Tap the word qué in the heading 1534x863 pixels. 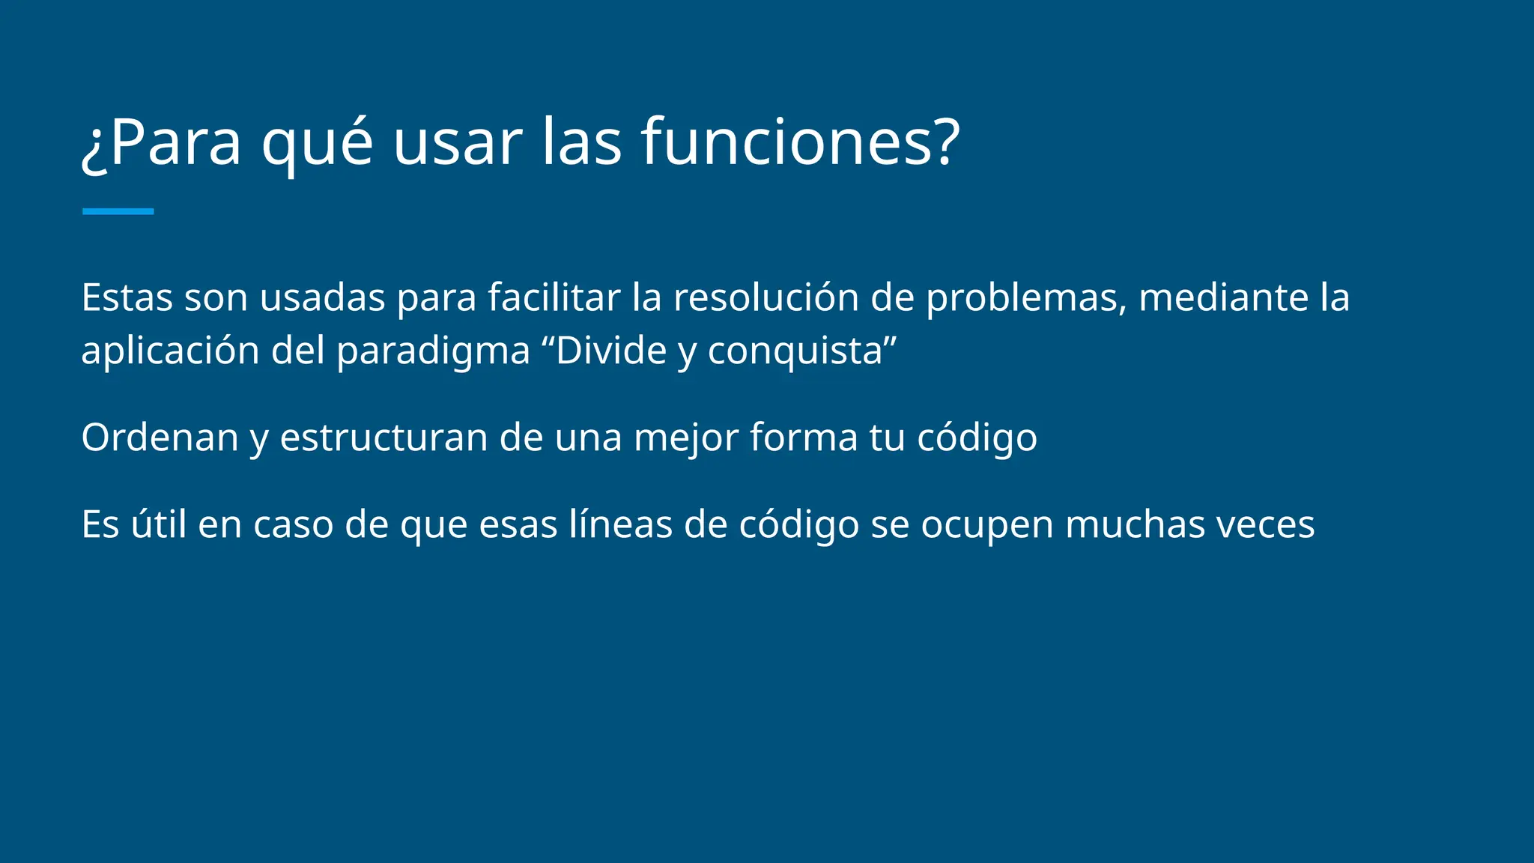click(x=317, y=144)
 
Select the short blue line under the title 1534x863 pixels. click(x=118, y=211)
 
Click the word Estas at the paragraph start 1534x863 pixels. click(x=127, y=297)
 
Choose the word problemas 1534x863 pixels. click(x=1026, y=299)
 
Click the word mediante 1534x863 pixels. click(x=1223, y=297)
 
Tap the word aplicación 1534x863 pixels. click(x=170, y=351)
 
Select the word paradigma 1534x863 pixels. click(x=433, y=351)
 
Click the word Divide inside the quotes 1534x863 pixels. click(x=610, y=351)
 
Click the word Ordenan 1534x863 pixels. click(x=160, y=437)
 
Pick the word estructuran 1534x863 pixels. click(x=383, y=437)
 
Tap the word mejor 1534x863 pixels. click(x=686, y=438)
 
